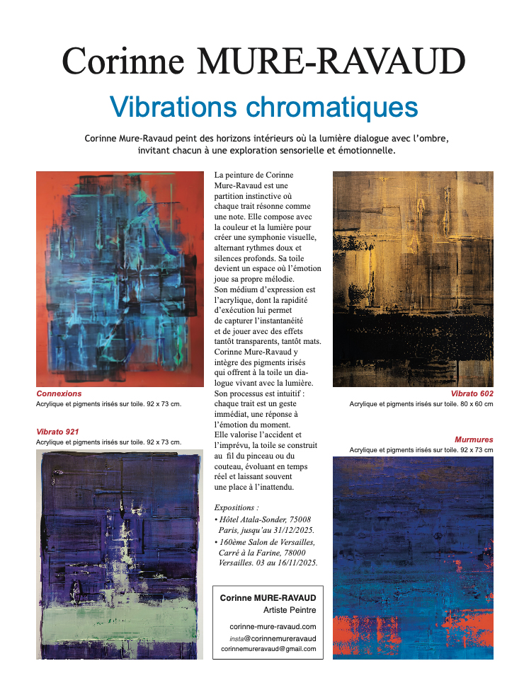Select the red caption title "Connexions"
pyautogui.click(x=59, y=393)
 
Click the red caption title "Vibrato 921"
pyautogui.click(x=57, y=431)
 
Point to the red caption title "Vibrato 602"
pyautogui.click(x=472, y=393)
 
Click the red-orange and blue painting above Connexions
pyautogui.click(x=120, y=278)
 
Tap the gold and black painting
pyautogui.click(x=413, y=278)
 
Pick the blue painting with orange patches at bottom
pyautogui.click(x=413, y=558)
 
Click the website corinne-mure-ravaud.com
pyautogui.click(x=273, y=626)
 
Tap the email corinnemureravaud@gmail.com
pyautogui.click(x=268, y=649)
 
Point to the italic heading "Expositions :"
pyautogui.click(x=237, y=507)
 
